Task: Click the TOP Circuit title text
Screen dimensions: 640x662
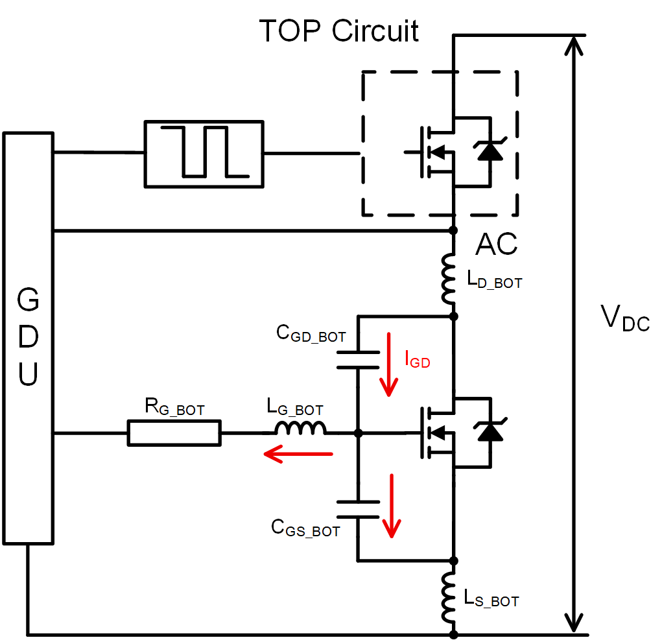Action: [338, 30]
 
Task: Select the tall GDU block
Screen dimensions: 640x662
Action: [29, 337]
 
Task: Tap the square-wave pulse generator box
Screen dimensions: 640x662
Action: [204, 154]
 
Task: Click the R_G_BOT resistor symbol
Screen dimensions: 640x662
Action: [174, 433]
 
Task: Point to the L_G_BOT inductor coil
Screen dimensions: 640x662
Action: [300, 428]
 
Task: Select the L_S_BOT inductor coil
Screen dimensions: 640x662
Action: [448, 597]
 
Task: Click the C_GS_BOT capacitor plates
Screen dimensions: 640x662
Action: [357, 509]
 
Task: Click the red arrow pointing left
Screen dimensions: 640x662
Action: [298, 455]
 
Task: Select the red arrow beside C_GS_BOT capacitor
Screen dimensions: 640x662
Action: [391, 506]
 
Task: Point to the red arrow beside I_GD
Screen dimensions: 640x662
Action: [389, 364]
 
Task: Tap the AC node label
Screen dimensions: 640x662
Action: [497, 244]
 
